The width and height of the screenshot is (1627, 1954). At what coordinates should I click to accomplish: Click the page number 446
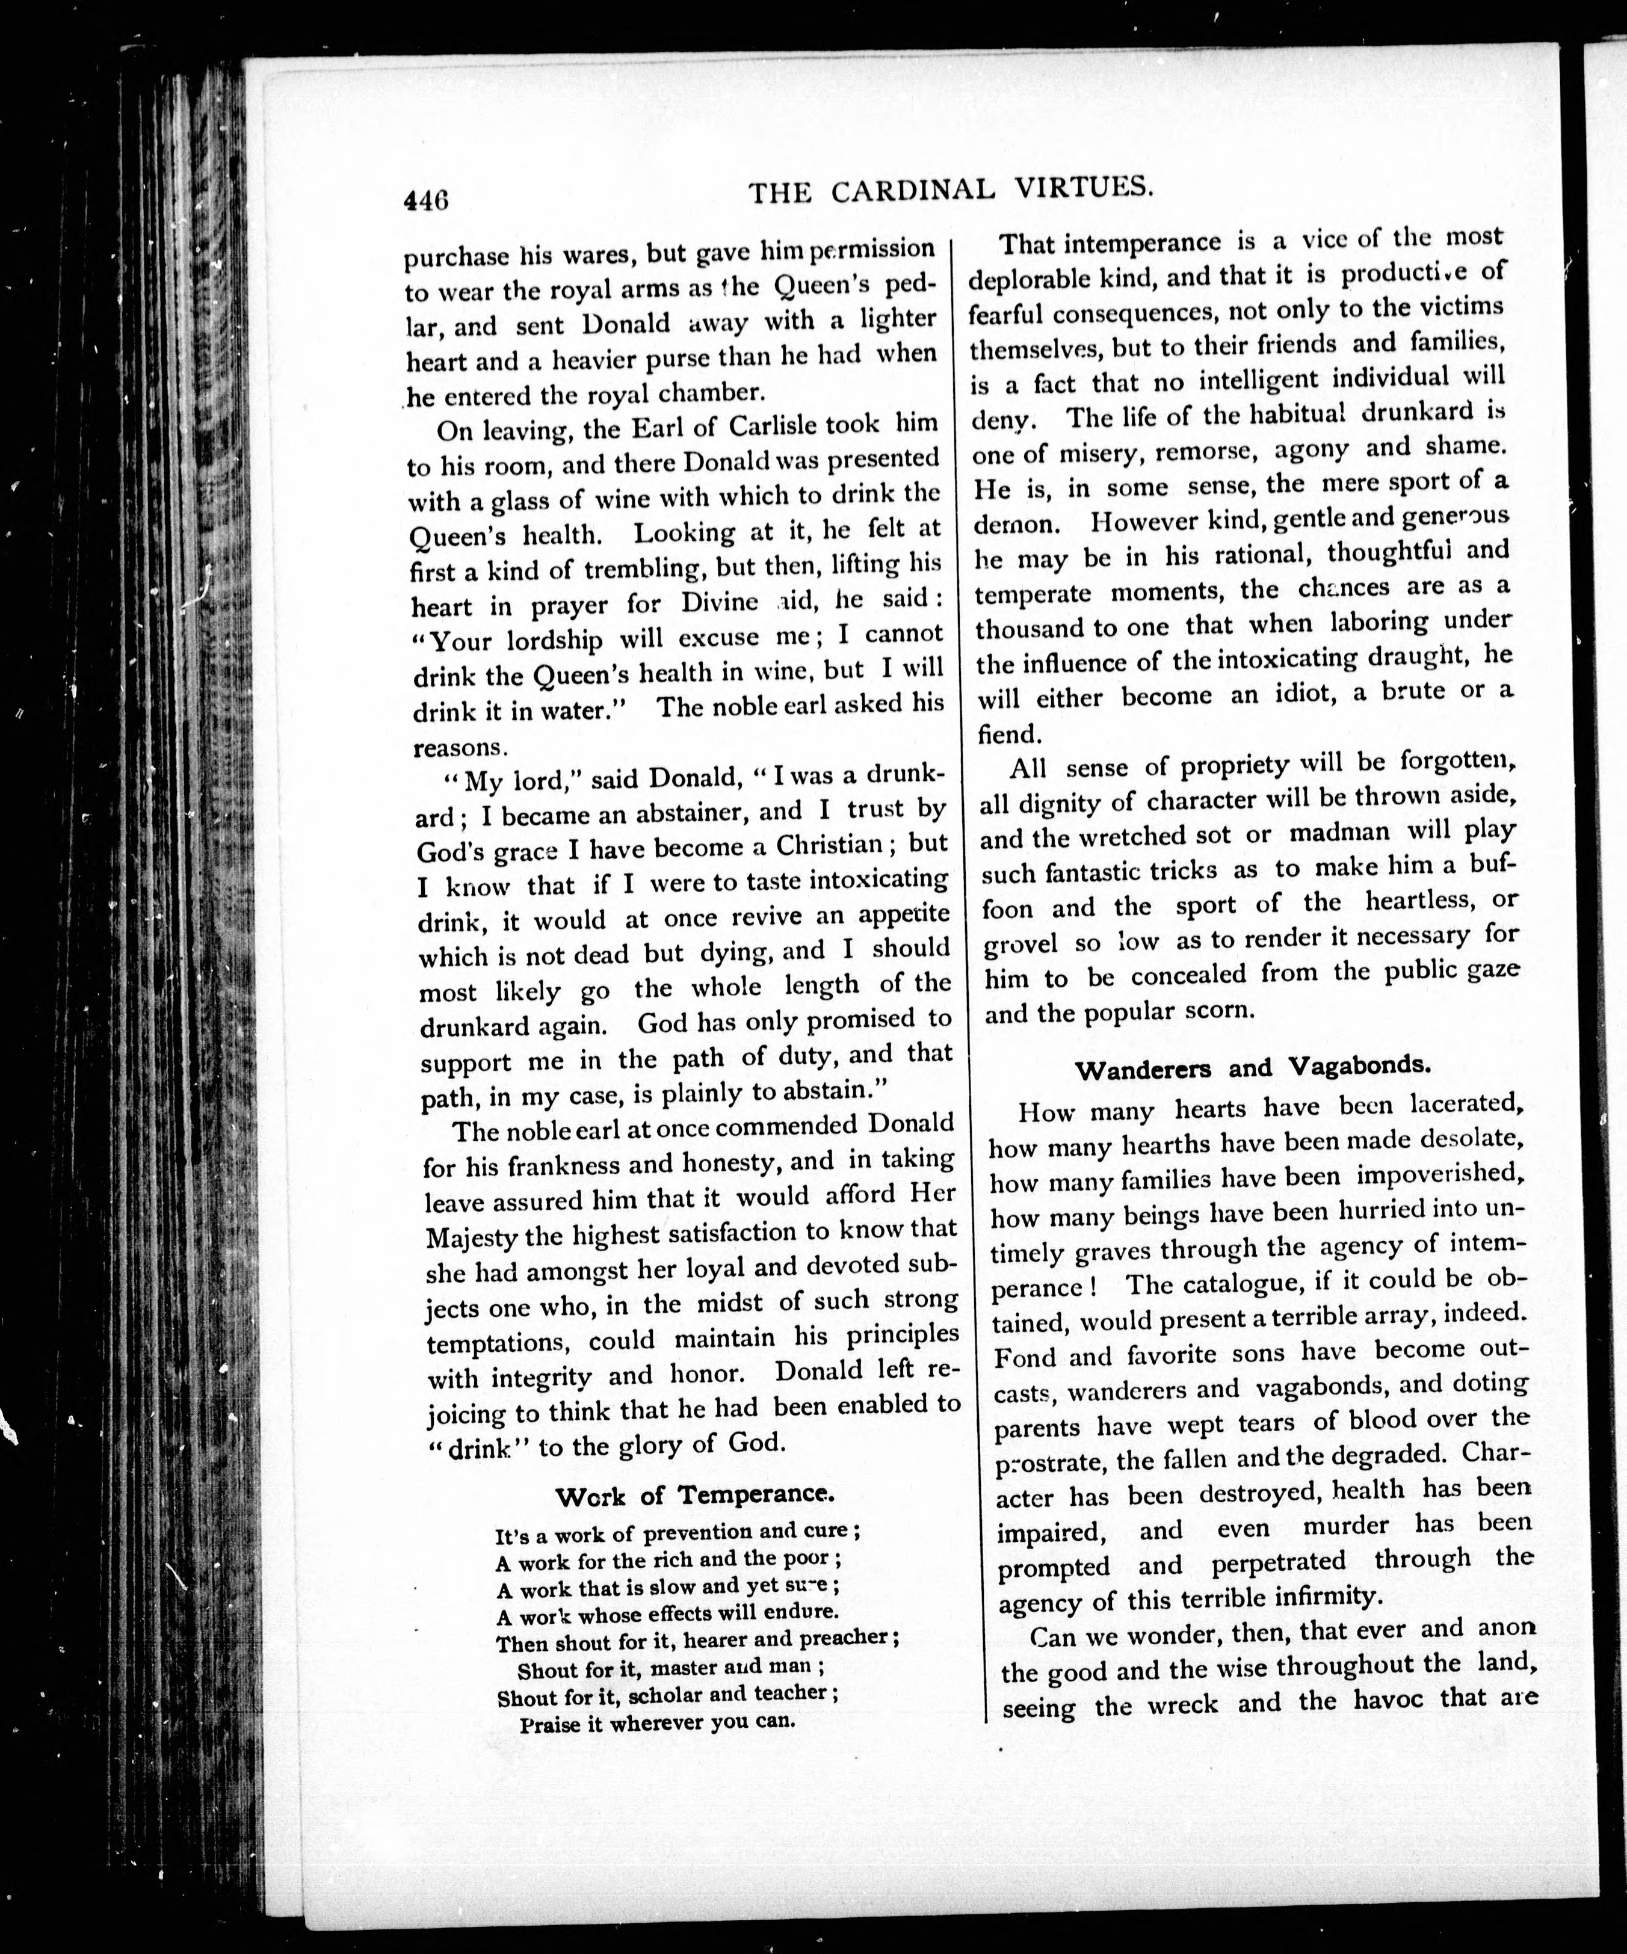426,201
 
